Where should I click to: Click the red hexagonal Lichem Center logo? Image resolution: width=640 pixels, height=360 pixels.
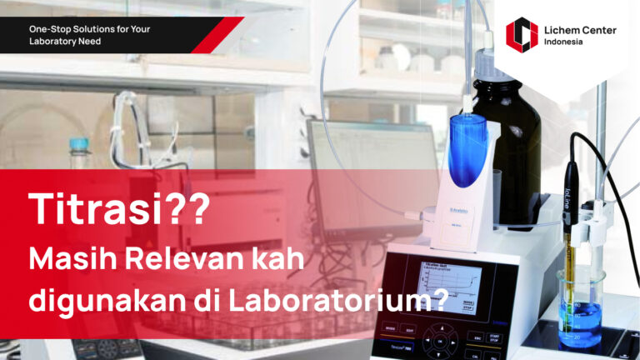(x=522, y=35)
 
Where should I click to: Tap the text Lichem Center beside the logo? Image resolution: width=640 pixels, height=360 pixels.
(x=580, y=30)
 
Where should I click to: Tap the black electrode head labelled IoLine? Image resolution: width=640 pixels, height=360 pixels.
(x=571, y=192)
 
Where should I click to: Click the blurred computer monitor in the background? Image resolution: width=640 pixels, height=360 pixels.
(x=371, y=158)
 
